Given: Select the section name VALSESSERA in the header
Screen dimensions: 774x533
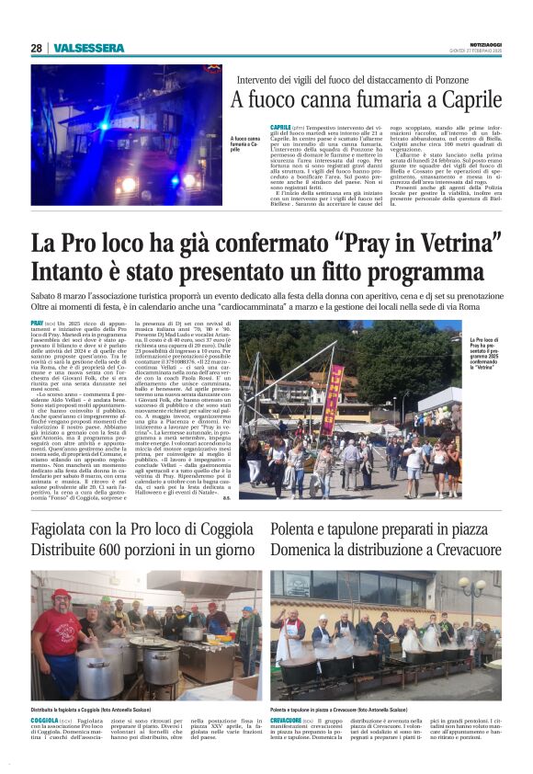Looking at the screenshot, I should pos(87,48).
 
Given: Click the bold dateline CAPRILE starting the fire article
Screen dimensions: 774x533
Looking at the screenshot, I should pos(279,125).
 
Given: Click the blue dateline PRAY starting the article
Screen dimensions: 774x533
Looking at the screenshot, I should pos(37,324).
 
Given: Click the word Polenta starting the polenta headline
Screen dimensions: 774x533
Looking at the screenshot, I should pos(296,529).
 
